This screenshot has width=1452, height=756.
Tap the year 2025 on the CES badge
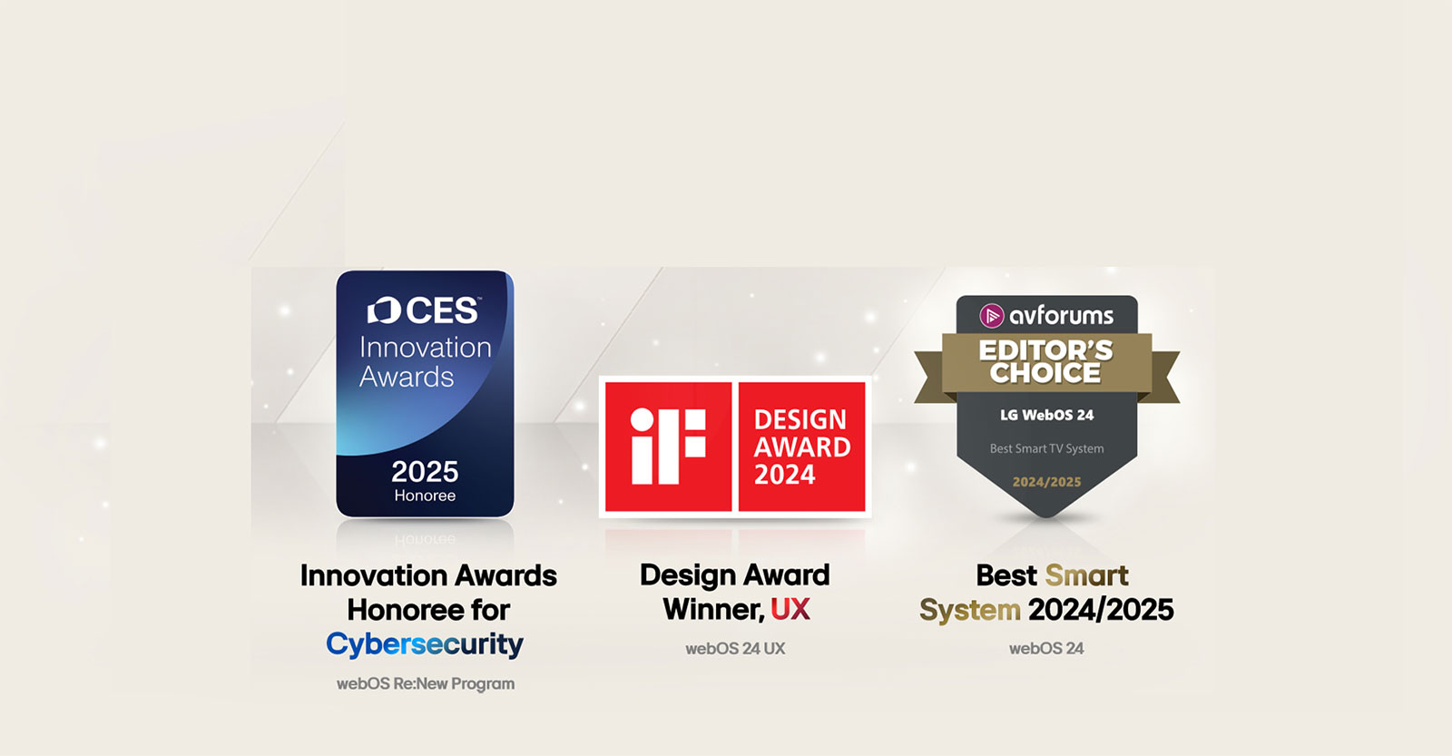pos(425,472)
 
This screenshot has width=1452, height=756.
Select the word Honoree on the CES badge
pos(425,496)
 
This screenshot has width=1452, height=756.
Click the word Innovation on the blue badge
pos(425,348)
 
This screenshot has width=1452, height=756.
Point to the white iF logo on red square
pos(668,446)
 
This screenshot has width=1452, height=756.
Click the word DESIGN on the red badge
pos(800,419)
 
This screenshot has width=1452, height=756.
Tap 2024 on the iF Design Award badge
pos(785,475)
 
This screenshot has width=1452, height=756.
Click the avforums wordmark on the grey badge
pos(1061,316)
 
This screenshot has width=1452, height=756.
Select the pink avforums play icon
pos(992,316)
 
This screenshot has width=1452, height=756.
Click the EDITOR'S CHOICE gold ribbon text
pos(1046,361)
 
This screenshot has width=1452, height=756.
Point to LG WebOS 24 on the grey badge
pos(1047,415)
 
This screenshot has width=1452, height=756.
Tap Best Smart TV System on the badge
pos(1047,448)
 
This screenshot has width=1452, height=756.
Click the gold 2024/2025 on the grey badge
pos(1047,482)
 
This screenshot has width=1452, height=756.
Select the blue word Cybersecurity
pos(425,644)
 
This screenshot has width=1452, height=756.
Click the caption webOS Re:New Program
pos(426,683)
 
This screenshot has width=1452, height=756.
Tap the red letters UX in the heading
pos(790,610)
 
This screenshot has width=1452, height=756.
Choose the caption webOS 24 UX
pos(735,649)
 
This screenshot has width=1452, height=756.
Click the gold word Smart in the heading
pos(1086,575)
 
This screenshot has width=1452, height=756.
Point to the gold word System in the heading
pos(970,610)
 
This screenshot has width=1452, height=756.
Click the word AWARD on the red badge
pos(802,447)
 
